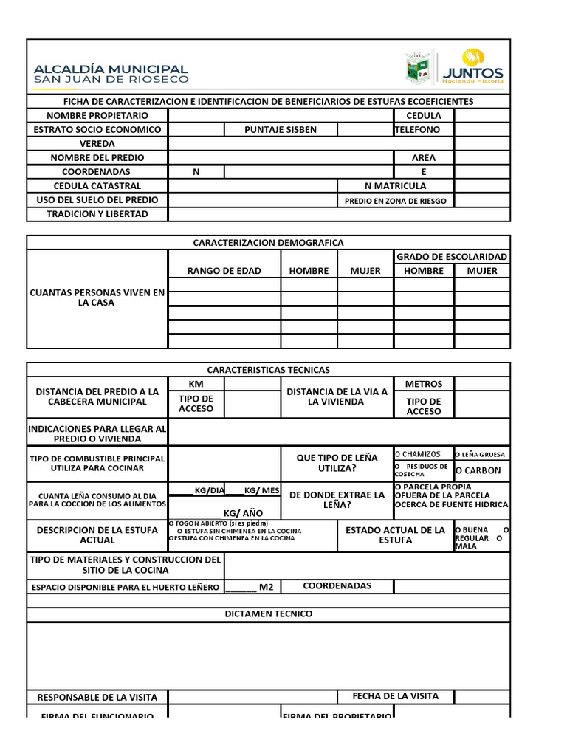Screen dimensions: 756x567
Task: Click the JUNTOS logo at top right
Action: tap(482, 66)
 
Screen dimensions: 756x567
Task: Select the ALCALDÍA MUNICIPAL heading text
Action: tap(111, 68)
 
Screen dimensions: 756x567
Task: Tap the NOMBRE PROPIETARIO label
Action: tap(97, 116)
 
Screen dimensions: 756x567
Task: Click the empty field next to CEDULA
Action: tap(481, 116)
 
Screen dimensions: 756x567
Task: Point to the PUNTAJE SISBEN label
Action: tap(281, 130)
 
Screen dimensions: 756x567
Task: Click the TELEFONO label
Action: tap(418, 130)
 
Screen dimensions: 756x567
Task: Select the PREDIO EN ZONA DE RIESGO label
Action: tap(396, 201)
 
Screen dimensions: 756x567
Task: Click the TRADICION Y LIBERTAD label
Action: tap(97, 214)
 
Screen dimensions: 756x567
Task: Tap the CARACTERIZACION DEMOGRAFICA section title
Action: tap(268, 243)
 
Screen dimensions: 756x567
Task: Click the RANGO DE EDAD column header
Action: tap(224, 271)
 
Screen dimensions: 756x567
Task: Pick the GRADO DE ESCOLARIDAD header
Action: tap(452, 257)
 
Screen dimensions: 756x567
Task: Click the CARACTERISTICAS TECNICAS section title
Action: tap(268, 370)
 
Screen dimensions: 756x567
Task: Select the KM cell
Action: tap(196, 385)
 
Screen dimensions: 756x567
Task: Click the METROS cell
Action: tap(424, 385)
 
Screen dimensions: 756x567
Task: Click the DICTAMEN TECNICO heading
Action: tap(268, 614)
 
